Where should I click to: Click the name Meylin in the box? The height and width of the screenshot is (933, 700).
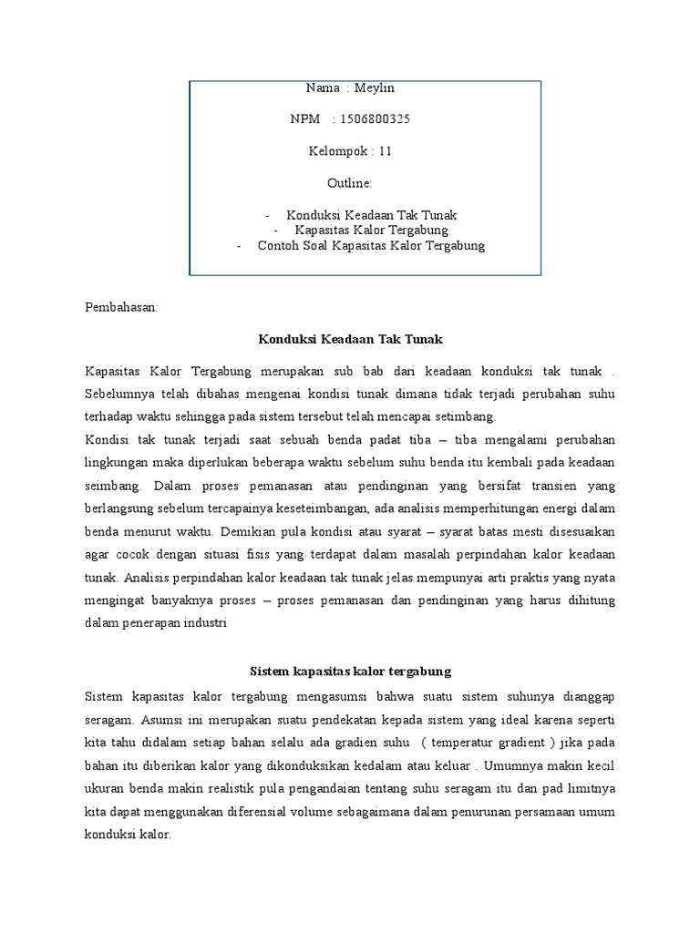377,87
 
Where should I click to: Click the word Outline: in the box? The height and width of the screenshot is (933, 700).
349,183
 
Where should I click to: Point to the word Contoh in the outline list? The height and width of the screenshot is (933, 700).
279,245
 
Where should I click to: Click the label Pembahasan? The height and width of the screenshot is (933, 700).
121,308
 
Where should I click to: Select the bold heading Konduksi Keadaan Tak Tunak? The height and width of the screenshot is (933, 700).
351,339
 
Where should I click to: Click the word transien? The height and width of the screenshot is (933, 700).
532,486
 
